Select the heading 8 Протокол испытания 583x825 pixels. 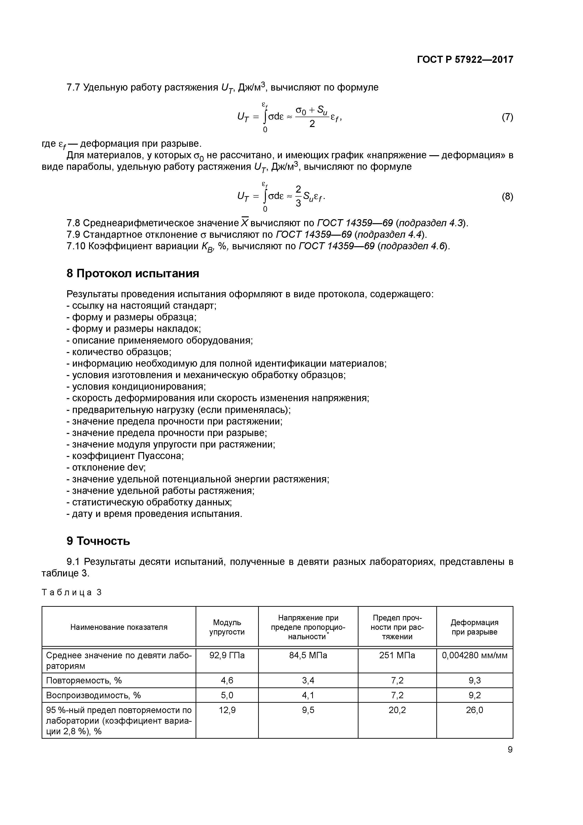click(133, 274)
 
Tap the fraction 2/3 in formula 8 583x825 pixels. click(298, 196)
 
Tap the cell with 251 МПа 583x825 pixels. click(397, 655)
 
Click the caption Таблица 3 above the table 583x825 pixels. click(72, 592)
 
